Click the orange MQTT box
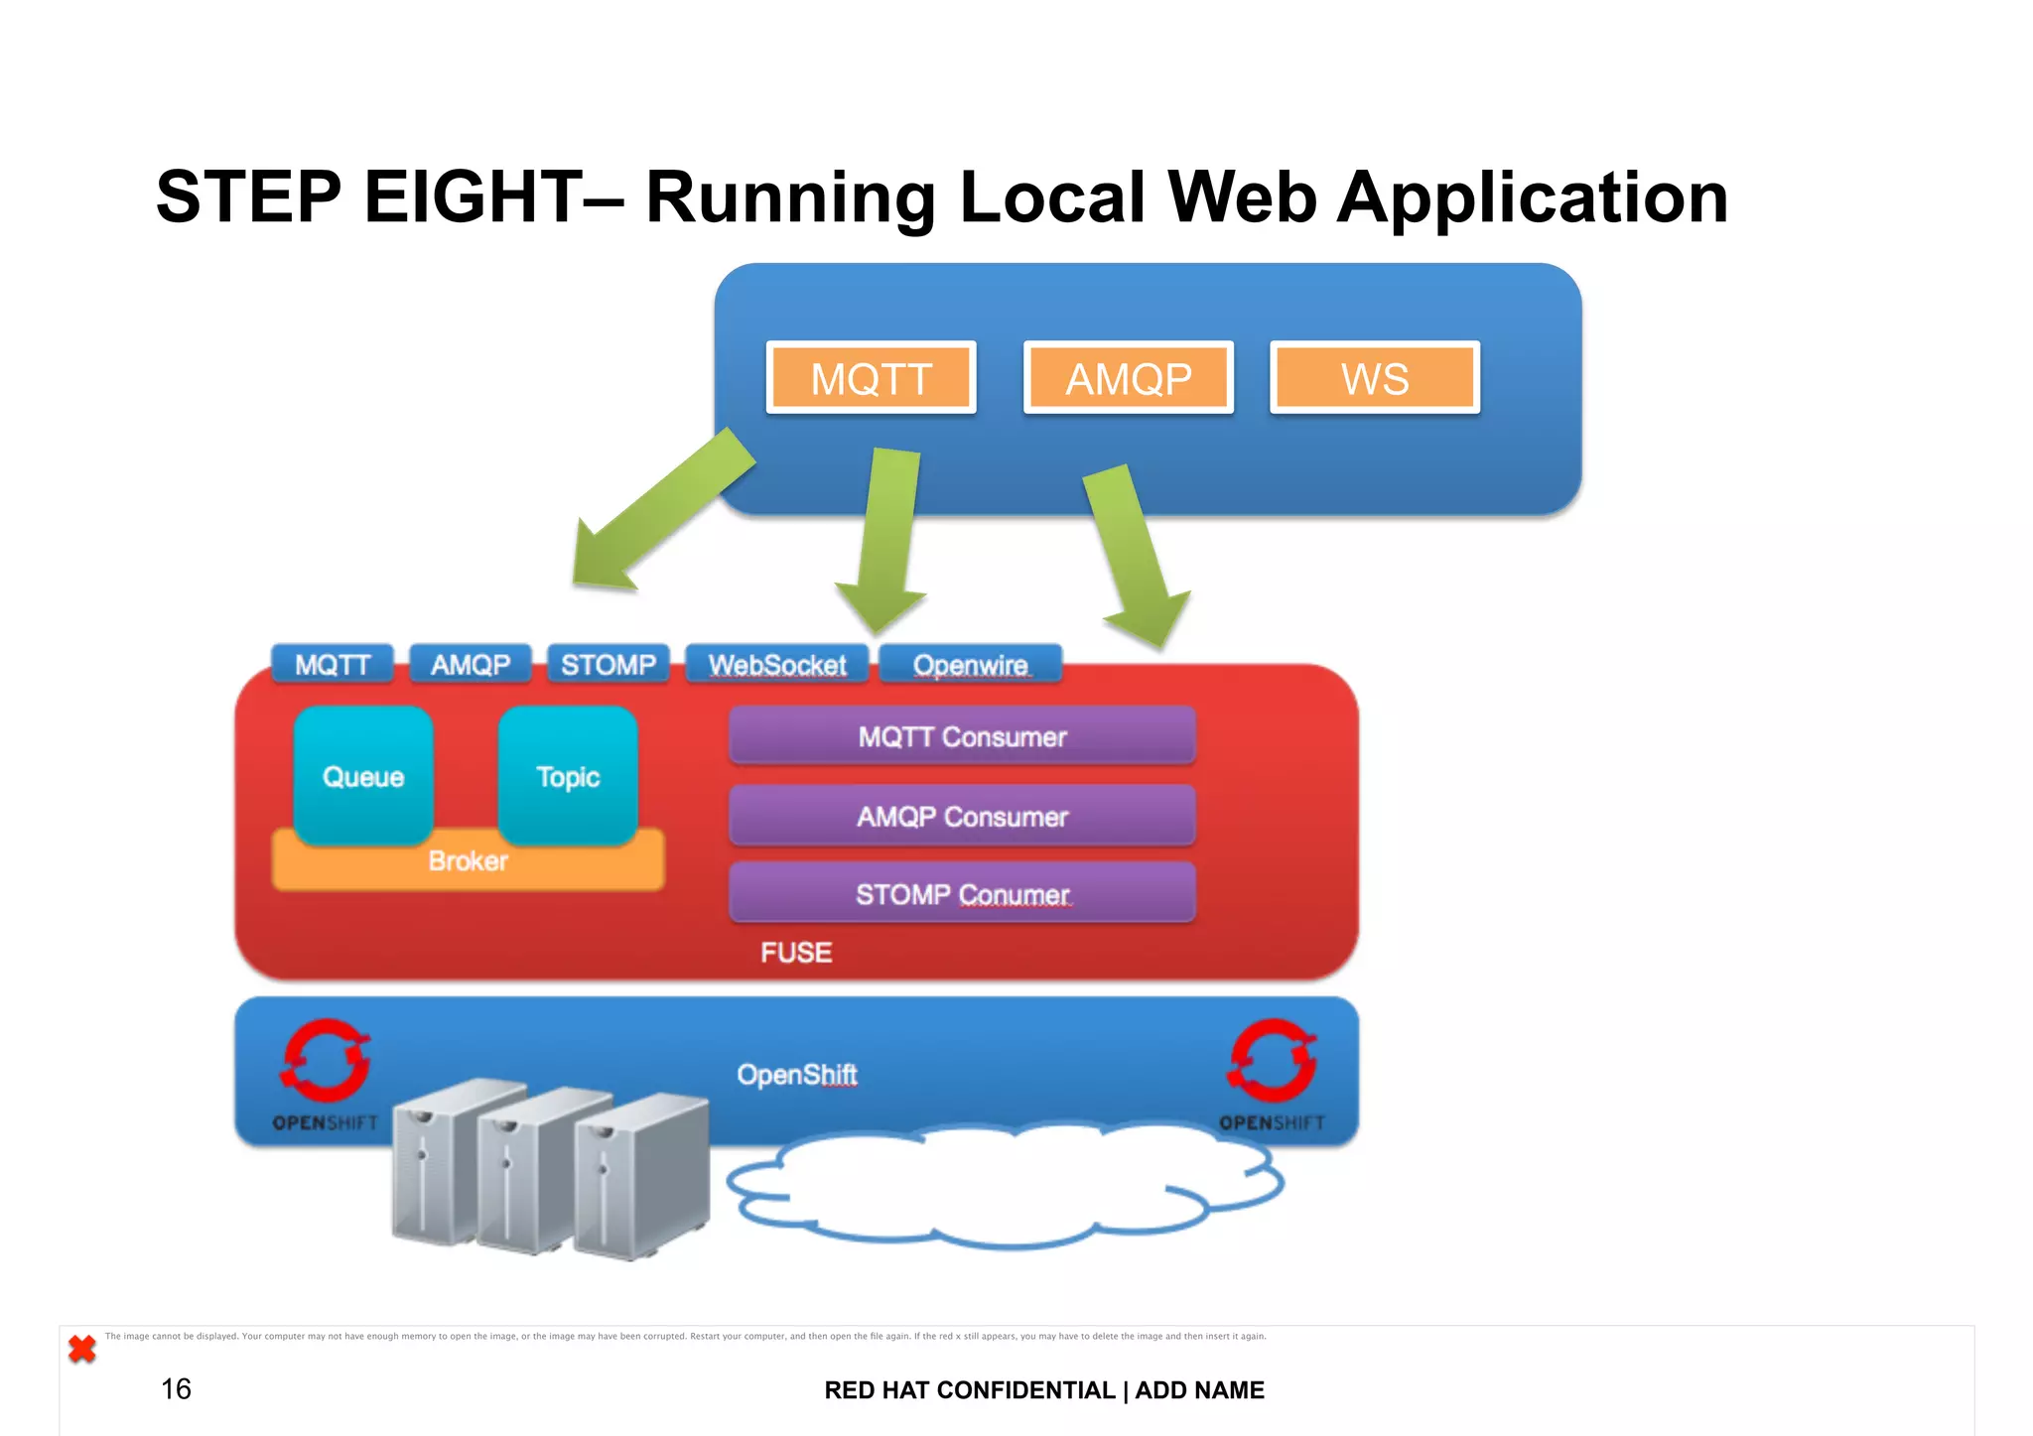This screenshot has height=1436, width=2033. (x=871, y=378)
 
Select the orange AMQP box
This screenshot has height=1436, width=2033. (x=1128, y=378)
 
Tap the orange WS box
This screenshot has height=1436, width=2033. (x=1375, y=378)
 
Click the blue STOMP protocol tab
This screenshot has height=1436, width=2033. (x=608, y=664)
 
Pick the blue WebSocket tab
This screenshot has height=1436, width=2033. (x=776, y=665)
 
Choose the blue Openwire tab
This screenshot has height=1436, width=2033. (x=970, y=665)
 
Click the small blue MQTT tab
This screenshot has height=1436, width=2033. (x=333, y=664)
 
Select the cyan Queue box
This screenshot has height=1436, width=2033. (x=363, y=775)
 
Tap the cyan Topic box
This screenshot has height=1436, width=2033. (x=568, y=775)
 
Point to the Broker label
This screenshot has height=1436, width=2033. (x=468, y=861)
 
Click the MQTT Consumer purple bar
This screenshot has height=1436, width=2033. (x=962, y=736)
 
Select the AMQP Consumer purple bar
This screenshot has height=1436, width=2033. (x=962, y=816)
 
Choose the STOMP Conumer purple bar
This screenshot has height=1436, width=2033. (x=962, y=893)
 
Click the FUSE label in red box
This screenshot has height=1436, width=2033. (x=796, y=953)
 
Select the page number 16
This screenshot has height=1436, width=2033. (x=176, y=1388)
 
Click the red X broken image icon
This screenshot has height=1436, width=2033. (x=82, y=1349)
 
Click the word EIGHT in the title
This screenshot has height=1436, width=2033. (x=474, y=196)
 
